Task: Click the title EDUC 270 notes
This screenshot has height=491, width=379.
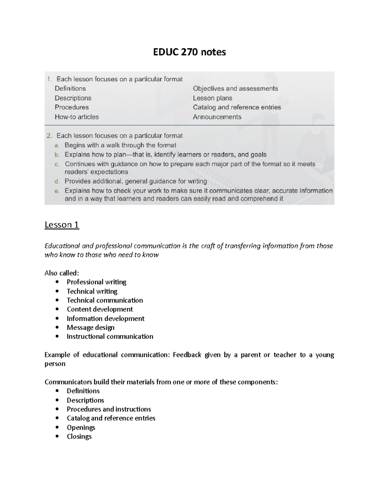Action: pos(189,52)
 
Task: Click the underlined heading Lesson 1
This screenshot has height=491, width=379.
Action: pos(62,225)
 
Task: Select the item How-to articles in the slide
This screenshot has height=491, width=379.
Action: pos(77,117)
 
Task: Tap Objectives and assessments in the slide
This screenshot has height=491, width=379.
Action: pos(235,89)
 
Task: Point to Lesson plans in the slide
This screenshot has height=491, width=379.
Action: pos(213,98)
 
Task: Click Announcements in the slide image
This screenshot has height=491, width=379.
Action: pos(217,117)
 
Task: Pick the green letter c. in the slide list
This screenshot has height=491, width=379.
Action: pos(57,164)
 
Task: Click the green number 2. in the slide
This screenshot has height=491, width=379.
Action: pos(49,136)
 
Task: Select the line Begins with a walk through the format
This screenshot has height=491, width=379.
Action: pos(120,145)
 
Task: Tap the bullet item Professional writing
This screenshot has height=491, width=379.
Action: pos(96,282)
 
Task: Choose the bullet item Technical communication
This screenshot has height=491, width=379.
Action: pos(105,300)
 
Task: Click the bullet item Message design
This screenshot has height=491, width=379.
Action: pos(90,328)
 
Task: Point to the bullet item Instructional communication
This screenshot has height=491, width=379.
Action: pos(110,336)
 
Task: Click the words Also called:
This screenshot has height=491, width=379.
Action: pos(62,273)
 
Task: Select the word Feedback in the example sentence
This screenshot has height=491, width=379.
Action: pos(187,355)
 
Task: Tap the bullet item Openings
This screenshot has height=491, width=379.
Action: pos(81,427)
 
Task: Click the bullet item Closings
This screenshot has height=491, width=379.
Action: pos(79,436)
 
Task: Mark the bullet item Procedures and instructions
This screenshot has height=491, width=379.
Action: pos(109,409)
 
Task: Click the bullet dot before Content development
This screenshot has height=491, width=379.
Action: pos(57,309)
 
